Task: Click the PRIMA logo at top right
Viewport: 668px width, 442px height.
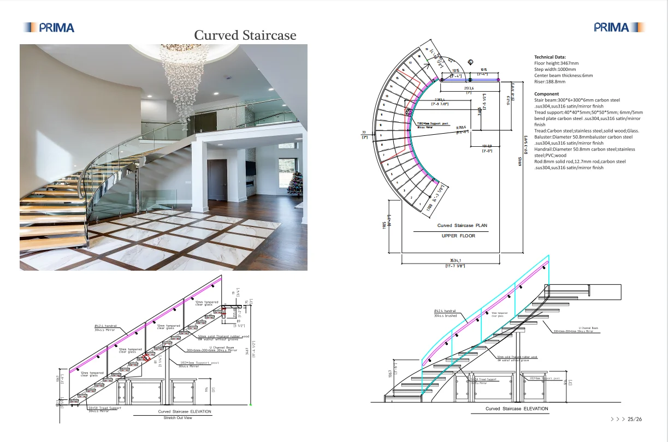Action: pyautogui.click(x=619, y=27)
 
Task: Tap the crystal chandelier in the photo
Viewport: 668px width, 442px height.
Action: pyautogui.click(x=184, y=82)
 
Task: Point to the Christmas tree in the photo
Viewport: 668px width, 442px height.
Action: pyautogui.click(x=295, y=183)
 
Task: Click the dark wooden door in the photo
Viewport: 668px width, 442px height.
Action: pyautogui.click(x=217, y=180)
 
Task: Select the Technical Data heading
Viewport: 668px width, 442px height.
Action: pyautogui.click(x=550, y=57)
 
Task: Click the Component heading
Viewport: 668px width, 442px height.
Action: pyautogui.click(x=546, y=94)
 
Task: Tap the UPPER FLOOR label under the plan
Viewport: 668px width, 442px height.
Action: pyautogui.click(x=458, y=236)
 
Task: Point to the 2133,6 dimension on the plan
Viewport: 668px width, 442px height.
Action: pyautogui.click(x=469, y=88)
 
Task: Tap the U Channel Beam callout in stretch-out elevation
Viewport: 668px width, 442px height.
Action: pyautogui.click(x=210, y=348)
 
